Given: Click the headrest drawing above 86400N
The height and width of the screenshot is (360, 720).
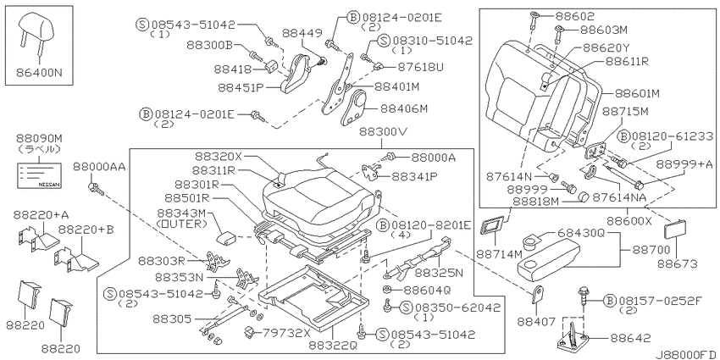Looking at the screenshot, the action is click(37, 29).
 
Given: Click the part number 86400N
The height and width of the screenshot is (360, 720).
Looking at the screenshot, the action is click(39, 72).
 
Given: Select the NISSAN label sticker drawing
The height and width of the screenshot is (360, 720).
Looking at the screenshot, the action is click(39, 175).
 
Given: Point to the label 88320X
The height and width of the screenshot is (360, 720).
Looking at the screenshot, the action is click(219, 156).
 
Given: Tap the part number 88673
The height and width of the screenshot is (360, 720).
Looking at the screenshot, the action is click(678, 264).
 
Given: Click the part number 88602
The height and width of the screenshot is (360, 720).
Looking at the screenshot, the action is click(574, 16).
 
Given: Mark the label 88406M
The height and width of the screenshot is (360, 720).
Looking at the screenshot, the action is click(404, 108).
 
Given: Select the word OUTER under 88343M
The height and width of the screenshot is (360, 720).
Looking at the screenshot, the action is click(182, 224).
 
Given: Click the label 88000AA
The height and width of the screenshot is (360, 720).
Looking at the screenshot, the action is click(99, 169).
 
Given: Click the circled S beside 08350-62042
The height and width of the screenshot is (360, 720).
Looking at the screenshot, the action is click(407, 307).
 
